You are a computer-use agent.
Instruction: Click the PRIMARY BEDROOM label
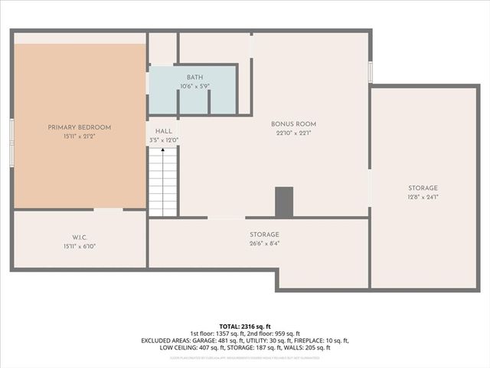(80, 127)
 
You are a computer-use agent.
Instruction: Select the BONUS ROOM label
(293, 124)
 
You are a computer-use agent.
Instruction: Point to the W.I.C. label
(80, 236)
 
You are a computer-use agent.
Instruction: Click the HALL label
(164, 132)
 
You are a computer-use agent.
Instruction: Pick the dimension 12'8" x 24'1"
(422, 197)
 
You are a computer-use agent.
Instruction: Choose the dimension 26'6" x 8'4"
(264, 244)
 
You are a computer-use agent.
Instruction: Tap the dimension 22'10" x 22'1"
(293, 133)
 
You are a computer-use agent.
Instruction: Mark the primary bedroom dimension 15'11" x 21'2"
(80, 136)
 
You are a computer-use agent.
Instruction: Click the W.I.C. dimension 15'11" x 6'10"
(80, 246)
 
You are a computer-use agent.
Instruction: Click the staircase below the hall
(162, 182)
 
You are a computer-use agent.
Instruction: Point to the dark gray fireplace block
(284, 202)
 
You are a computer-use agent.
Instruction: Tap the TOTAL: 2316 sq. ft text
(245, 326)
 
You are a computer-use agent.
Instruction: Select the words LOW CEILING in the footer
(177, 347)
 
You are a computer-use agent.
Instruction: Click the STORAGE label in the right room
(422, 188)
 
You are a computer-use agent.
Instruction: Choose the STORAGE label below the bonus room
(264, 235)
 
